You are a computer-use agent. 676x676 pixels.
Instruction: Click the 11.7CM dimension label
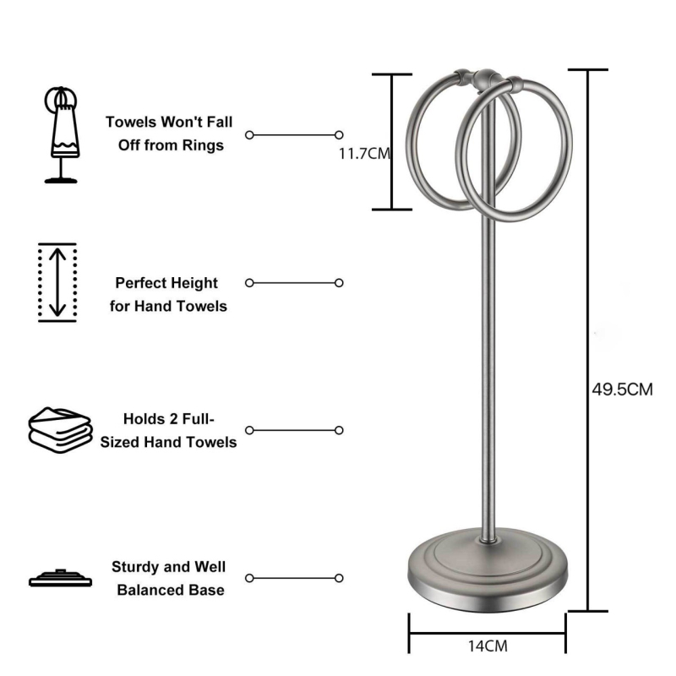pos(363,154)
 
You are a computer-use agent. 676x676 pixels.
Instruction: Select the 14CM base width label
pos(488,646)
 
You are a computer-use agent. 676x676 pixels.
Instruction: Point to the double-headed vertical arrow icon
pos(57,282)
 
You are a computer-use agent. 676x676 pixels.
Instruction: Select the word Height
pos(192,283)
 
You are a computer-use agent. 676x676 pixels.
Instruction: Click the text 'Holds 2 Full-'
pos(170,419)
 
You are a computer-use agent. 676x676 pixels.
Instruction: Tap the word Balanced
pos(146,589)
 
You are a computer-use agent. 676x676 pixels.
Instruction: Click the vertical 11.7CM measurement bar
pos(392,141)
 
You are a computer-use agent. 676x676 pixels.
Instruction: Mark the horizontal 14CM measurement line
pos(488,628)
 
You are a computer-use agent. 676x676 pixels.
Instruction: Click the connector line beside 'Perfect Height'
pos(294,282)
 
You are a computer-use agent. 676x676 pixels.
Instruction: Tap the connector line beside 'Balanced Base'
pos(294,578)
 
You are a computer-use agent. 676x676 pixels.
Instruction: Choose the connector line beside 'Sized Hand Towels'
pos(294,430)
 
